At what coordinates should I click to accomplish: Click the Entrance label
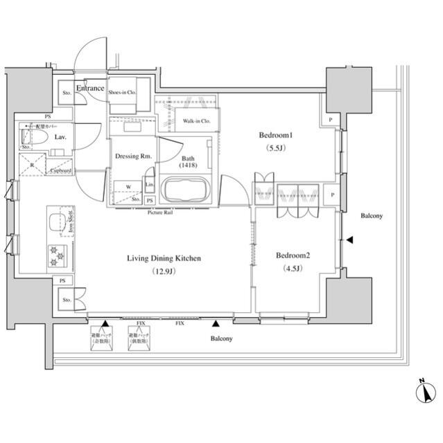point(90,89)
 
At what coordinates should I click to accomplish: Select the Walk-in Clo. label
point(197,121)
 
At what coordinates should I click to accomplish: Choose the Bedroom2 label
point(293,255)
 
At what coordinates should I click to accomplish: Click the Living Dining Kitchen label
point(164,258)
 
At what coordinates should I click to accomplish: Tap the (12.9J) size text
point(164,272)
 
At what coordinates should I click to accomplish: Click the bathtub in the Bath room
point(184,190)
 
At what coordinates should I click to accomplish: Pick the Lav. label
point(61,138)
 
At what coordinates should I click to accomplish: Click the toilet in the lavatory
point(36,138)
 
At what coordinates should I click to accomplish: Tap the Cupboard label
point(60,170)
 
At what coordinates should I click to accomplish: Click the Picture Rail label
point(162,213)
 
